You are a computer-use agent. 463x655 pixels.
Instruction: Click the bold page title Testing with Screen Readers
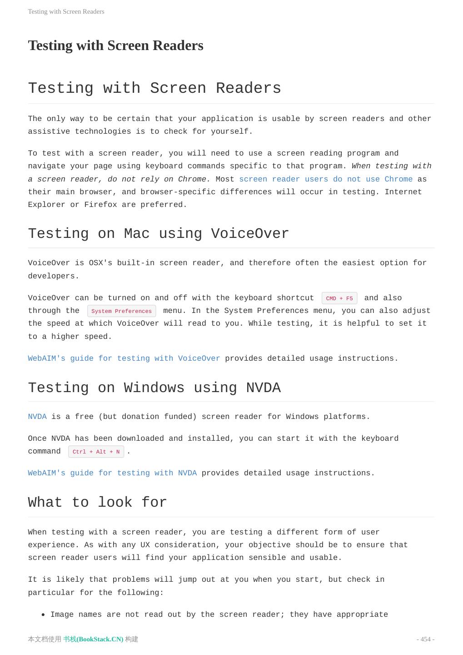point(115,45)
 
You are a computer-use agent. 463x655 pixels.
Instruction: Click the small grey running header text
point(66,11)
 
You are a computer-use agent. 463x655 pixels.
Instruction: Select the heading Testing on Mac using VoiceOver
point(158,234)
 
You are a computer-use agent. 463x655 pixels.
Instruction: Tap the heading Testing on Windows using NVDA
point(154,388)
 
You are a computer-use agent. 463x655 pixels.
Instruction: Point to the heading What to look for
point(97,503)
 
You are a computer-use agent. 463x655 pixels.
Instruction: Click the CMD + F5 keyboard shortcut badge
point(339,298)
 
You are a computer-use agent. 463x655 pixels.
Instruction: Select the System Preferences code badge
point(121,311)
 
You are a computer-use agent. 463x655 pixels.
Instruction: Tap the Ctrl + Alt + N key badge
point(96,452)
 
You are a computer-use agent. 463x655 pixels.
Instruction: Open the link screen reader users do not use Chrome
point(326,179)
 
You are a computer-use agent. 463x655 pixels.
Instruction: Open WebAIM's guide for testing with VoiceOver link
point(124,358)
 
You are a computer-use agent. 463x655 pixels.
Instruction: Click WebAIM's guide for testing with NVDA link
point(112,473)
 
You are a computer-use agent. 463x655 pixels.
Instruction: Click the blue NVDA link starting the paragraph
point(37,417)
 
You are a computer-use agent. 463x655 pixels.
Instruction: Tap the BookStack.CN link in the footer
point(93,639)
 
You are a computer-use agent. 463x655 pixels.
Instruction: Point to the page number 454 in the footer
point(425,639)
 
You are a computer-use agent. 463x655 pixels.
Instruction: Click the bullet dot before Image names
point(43,615)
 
